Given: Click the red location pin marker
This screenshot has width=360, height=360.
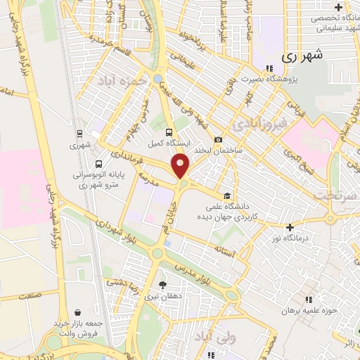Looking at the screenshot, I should (x=180, y=166).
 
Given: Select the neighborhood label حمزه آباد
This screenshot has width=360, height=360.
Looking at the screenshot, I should (x=125, y=79).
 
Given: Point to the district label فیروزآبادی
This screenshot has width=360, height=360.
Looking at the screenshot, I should (x=261, y=123).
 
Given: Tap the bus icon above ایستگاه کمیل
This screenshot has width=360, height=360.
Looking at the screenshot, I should (x=167, y=132).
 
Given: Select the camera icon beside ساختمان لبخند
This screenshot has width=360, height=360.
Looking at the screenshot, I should (x=218, y=140).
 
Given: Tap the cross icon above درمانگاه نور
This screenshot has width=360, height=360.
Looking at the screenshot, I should (x=290, y=227).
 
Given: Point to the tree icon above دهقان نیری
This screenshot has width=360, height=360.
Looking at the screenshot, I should (x=162, y=285).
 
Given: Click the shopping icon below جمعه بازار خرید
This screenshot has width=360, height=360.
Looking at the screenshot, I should (x=77, y=314).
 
